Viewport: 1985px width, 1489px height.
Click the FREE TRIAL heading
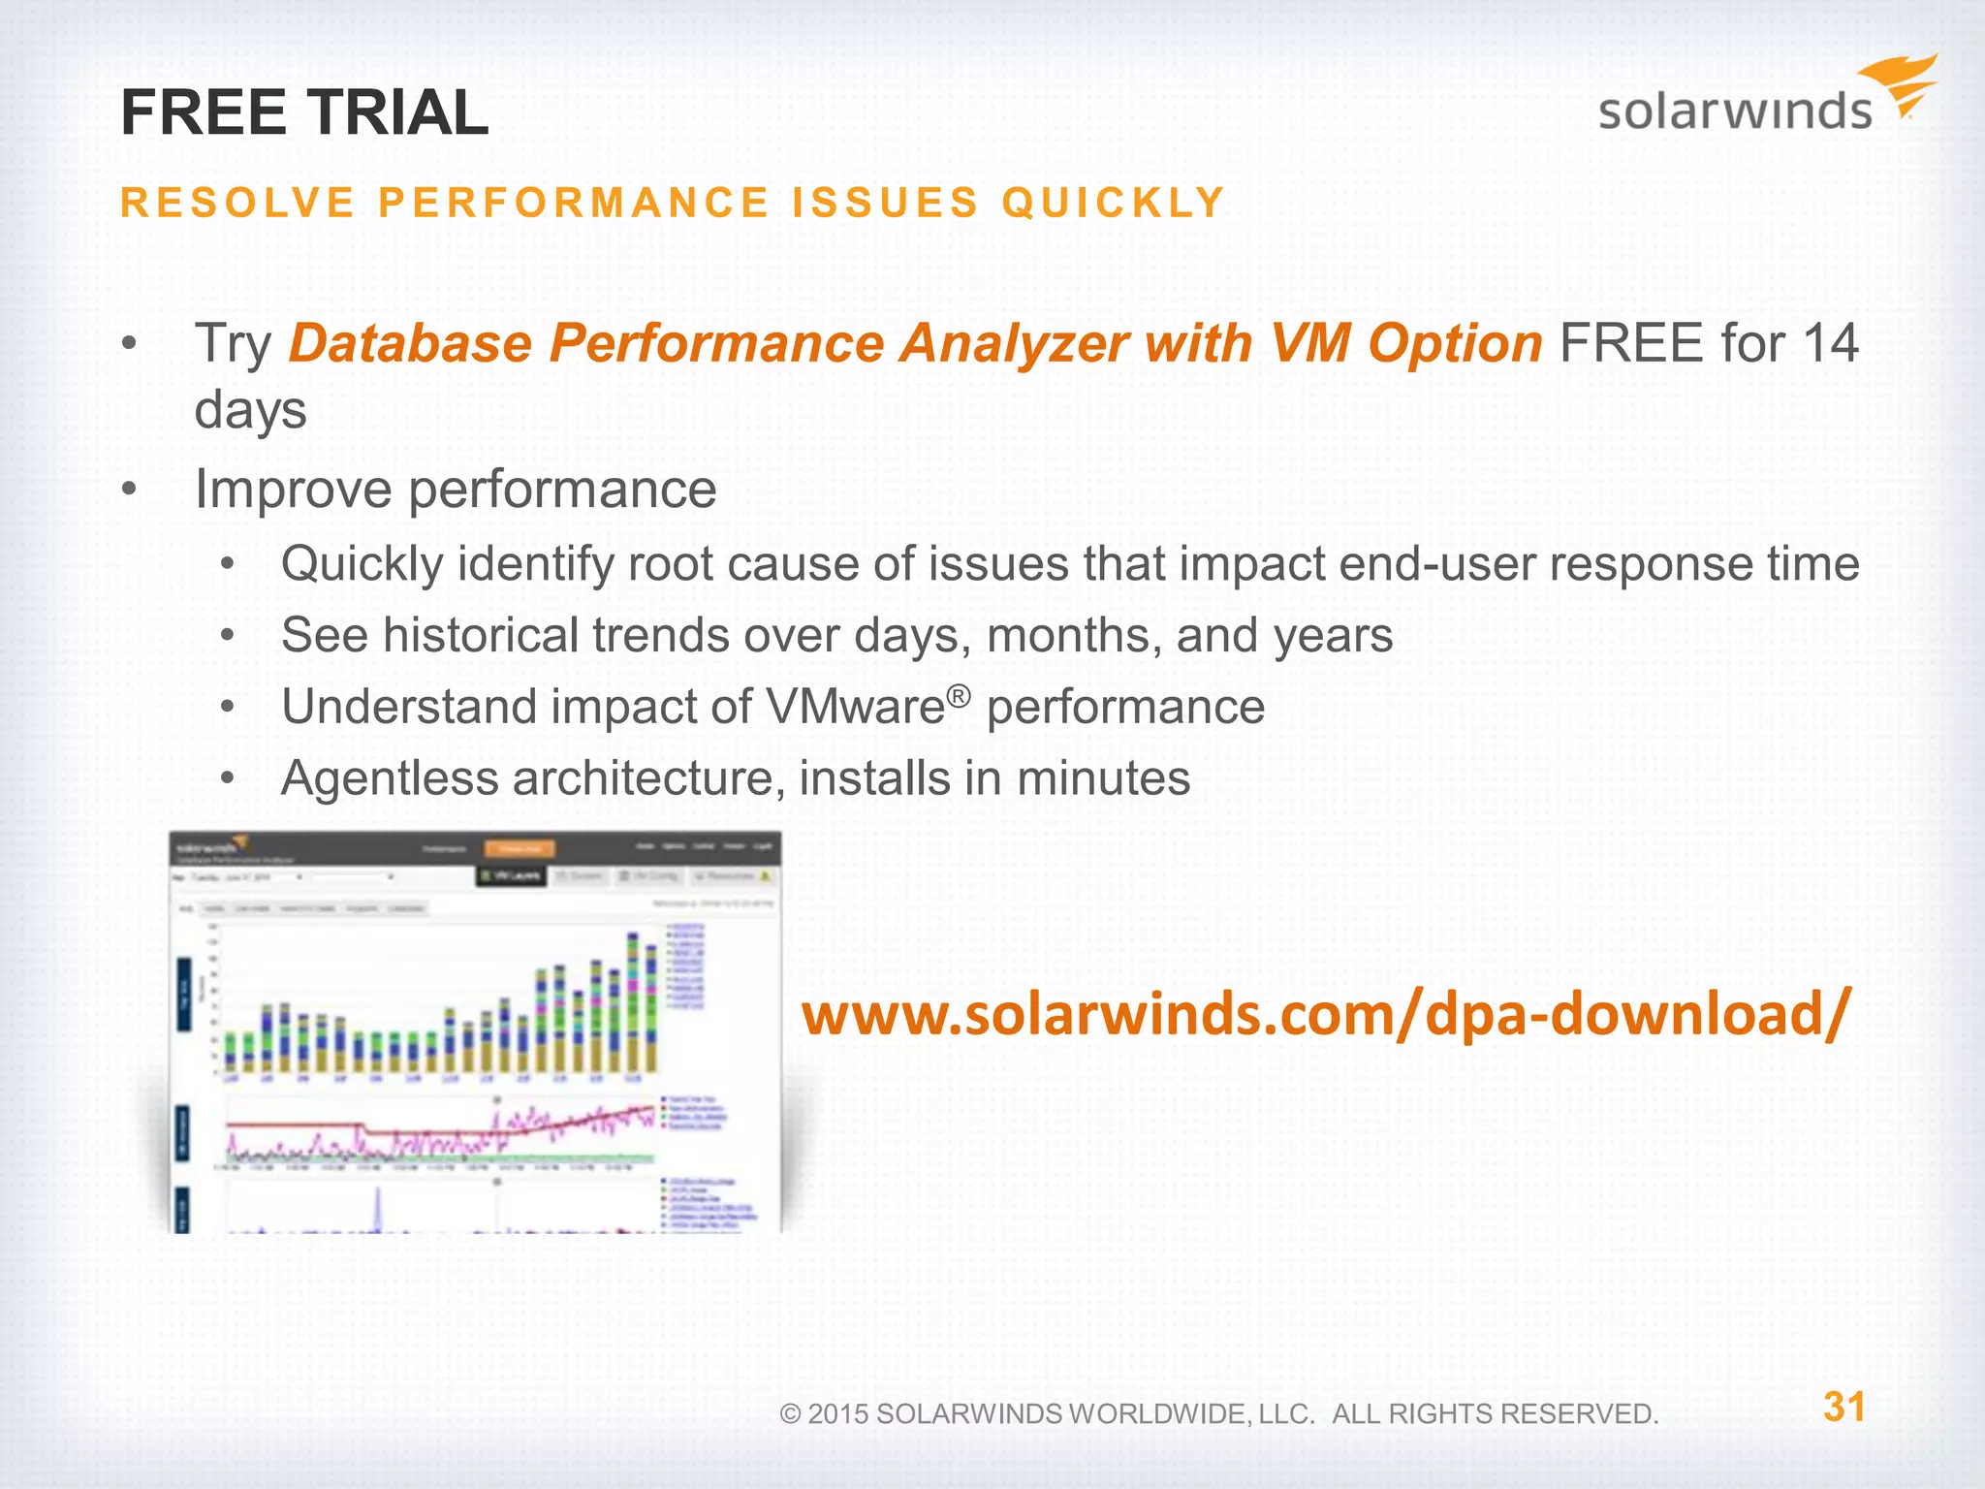[x=304, y=112]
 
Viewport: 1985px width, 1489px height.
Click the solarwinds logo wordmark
[x=1734, y=111]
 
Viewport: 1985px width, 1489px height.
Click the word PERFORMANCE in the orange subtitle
[x=574, y=203]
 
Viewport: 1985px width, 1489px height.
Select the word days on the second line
[x=250, y=410]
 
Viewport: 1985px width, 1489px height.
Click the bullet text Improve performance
[x=456, y=489]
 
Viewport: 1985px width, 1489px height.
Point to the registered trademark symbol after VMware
[x=958, y=695]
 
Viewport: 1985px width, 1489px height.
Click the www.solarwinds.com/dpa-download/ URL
[x=1326, y=1014]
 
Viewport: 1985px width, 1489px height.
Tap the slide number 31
[x=1843, y=1407]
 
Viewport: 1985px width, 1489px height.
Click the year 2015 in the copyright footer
[x=837, y=1414]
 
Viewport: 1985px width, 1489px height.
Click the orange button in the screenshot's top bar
[x=520, y=848]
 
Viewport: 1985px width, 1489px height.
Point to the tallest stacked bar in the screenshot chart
[x=633, y=1002]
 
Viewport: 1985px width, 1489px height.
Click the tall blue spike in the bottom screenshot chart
[x=378, y=1208]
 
